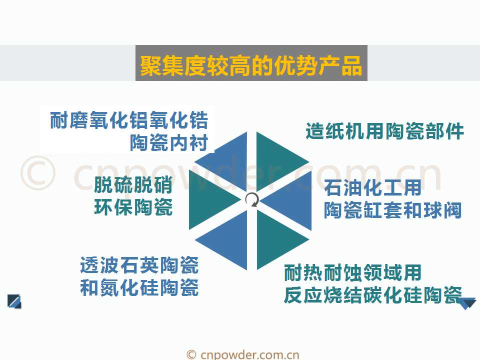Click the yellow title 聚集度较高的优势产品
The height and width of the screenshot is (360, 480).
click(251, 65)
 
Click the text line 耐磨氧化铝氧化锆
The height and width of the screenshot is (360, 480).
click(129, 120)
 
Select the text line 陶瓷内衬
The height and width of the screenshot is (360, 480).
click(169, 142)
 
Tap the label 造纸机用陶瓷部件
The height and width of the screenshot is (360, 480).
click(385, 131)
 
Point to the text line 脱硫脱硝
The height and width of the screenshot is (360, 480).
click(133, 184)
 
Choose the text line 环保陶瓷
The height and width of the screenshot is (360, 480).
click(133, 207)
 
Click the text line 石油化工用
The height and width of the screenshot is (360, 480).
click(373, 187)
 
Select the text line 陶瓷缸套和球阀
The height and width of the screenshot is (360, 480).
click(393, 210)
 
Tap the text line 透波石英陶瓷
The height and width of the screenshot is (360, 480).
click(139, 265)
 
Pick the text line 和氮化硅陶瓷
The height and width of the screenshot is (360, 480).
click(139, 287)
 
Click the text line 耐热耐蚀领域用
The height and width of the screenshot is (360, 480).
click(352, 272)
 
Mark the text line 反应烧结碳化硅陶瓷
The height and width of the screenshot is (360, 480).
click(373, 295)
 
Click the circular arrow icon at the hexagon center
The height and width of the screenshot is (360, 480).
click(252, 200)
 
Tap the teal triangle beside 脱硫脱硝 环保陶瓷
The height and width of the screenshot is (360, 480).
click(208, 200)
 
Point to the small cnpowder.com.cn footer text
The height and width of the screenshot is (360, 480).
click(243, 355)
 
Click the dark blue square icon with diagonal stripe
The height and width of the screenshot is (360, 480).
click(14, 301)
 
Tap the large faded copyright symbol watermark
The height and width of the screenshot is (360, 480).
click(38, 173)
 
